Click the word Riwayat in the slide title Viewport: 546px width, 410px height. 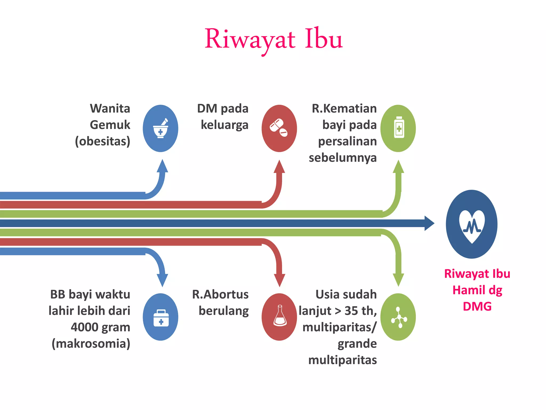coord(250,40)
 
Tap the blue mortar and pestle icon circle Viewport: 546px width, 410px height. coord(160,128)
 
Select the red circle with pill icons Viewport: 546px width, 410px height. coord(279,128)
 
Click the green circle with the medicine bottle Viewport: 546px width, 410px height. coord(398,128)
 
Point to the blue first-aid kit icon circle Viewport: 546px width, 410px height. coord(160,317)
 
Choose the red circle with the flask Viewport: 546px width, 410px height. coord(279,317)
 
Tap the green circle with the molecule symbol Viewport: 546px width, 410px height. coord(398,317)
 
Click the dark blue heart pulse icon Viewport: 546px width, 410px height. coord(472,224)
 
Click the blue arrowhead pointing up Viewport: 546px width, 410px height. coord(162,166)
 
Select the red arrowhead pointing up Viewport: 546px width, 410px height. coord(279,167)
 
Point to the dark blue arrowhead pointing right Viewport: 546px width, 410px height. coord(429,223)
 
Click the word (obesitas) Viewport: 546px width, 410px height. coord(103,141)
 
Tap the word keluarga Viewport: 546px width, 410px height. coord(224,125)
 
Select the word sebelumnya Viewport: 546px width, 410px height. coord(343,158)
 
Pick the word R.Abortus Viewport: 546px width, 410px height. coord(220,294)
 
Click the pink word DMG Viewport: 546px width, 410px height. coord(477,306)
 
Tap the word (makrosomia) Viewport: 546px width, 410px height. coord(91,344)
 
